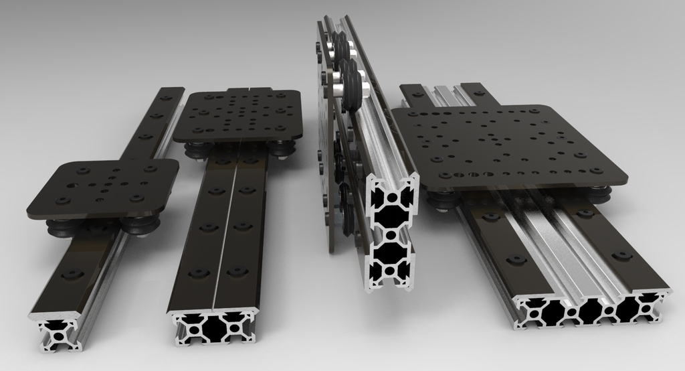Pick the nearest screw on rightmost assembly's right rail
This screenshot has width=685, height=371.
tap(623, 256)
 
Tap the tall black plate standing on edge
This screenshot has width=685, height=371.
tap(326, 134)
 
